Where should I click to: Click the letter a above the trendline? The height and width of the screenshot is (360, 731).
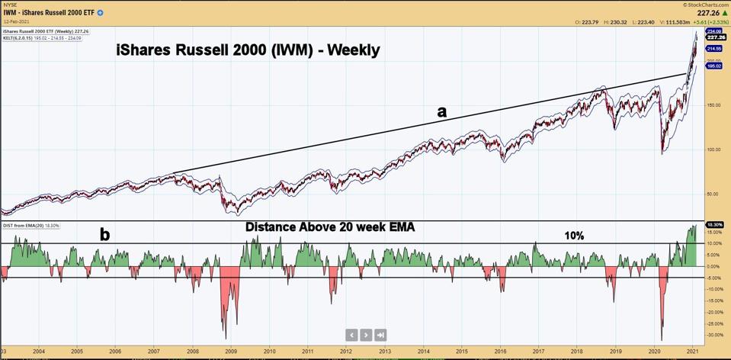[x=441, y=111]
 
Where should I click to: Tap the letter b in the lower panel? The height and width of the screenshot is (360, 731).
[x=104, y=235]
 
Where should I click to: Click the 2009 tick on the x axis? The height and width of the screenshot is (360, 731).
[x=230, y=352]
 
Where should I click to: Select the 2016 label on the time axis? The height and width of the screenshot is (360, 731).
[x=500, y=352]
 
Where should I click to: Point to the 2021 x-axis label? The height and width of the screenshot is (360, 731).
[x=692, y=352]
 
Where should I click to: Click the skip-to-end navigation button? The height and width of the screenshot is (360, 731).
[x=380, y=334]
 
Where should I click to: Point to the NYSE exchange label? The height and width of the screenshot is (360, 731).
[x=10, y=4]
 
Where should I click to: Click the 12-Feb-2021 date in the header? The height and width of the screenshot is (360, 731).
[x=16, y=22]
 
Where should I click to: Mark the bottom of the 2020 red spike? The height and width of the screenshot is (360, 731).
[x=662, y=340]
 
